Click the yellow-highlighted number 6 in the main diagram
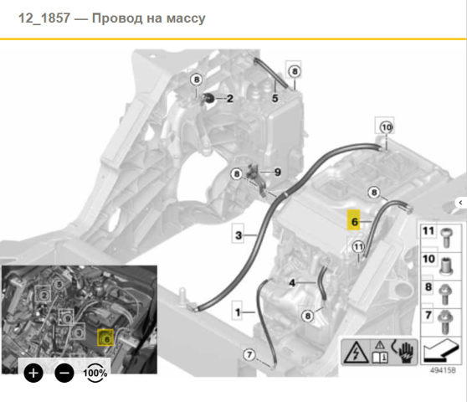pos(354,220)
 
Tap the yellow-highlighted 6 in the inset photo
pos(105,338)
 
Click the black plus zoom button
pos(33,373)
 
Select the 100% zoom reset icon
pos(95,373)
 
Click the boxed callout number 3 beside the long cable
pos(238,235)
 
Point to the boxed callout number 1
pos(238,312)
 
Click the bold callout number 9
pos(278,172)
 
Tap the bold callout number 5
pos(275,98)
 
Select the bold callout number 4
pos(292,283)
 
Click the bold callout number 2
pos(230,98)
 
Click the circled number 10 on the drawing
pos(387,127)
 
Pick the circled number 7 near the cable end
pos(249,354)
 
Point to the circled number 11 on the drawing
pos(358,247)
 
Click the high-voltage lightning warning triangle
pos(356,353)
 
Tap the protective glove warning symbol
pos(406,352)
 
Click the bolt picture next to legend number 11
pos(446,238)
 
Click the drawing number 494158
pos(443,370)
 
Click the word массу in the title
pos(186,18)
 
